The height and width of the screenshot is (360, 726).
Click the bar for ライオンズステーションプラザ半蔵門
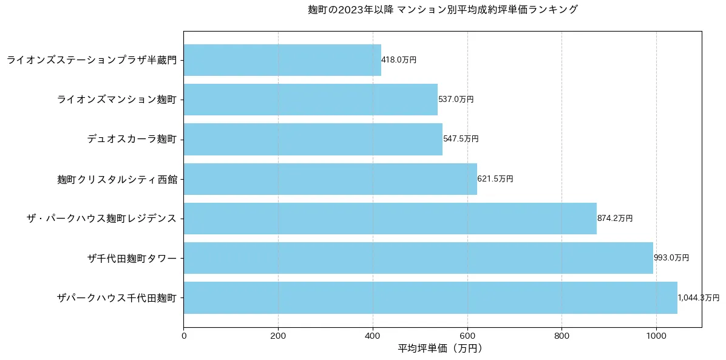click(x=282, y=60)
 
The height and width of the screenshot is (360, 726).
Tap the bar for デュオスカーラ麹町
click(x=313, y=139)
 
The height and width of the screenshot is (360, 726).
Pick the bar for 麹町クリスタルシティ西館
click(x=330, y=179)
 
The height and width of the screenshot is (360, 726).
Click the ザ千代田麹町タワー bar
click(x=418, y=258)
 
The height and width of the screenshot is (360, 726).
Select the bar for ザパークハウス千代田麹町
click(x=430, y=297)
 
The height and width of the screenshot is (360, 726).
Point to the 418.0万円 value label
click(x=399, y=60)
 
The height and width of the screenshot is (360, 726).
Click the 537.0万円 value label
click(x=456, y=100)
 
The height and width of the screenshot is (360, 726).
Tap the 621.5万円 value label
click(x=495, y=179)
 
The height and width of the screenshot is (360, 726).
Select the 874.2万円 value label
click(x=615, y=219)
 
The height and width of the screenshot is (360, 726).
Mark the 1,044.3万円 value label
click(x=699, y=298)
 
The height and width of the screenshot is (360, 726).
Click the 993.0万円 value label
click(x=671, y=258)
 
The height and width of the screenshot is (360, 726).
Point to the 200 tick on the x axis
click(x=278, y=335)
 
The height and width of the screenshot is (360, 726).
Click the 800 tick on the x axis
click(x=561, y=335)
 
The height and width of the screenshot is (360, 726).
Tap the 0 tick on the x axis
click(x=184, y=335)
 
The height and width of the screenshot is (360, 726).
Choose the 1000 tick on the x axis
click(x=656, y=335)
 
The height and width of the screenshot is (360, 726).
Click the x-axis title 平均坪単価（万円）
click(x=441, y=349)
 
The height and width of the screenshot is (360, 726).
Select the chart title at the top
click(x=443, y=10)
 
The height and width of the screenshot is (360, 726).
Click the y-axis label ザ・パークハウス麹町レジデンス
click(x=101, y=219)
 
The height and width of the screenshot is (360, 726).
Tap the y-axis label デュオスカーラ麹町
click(x=132, y=139)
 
